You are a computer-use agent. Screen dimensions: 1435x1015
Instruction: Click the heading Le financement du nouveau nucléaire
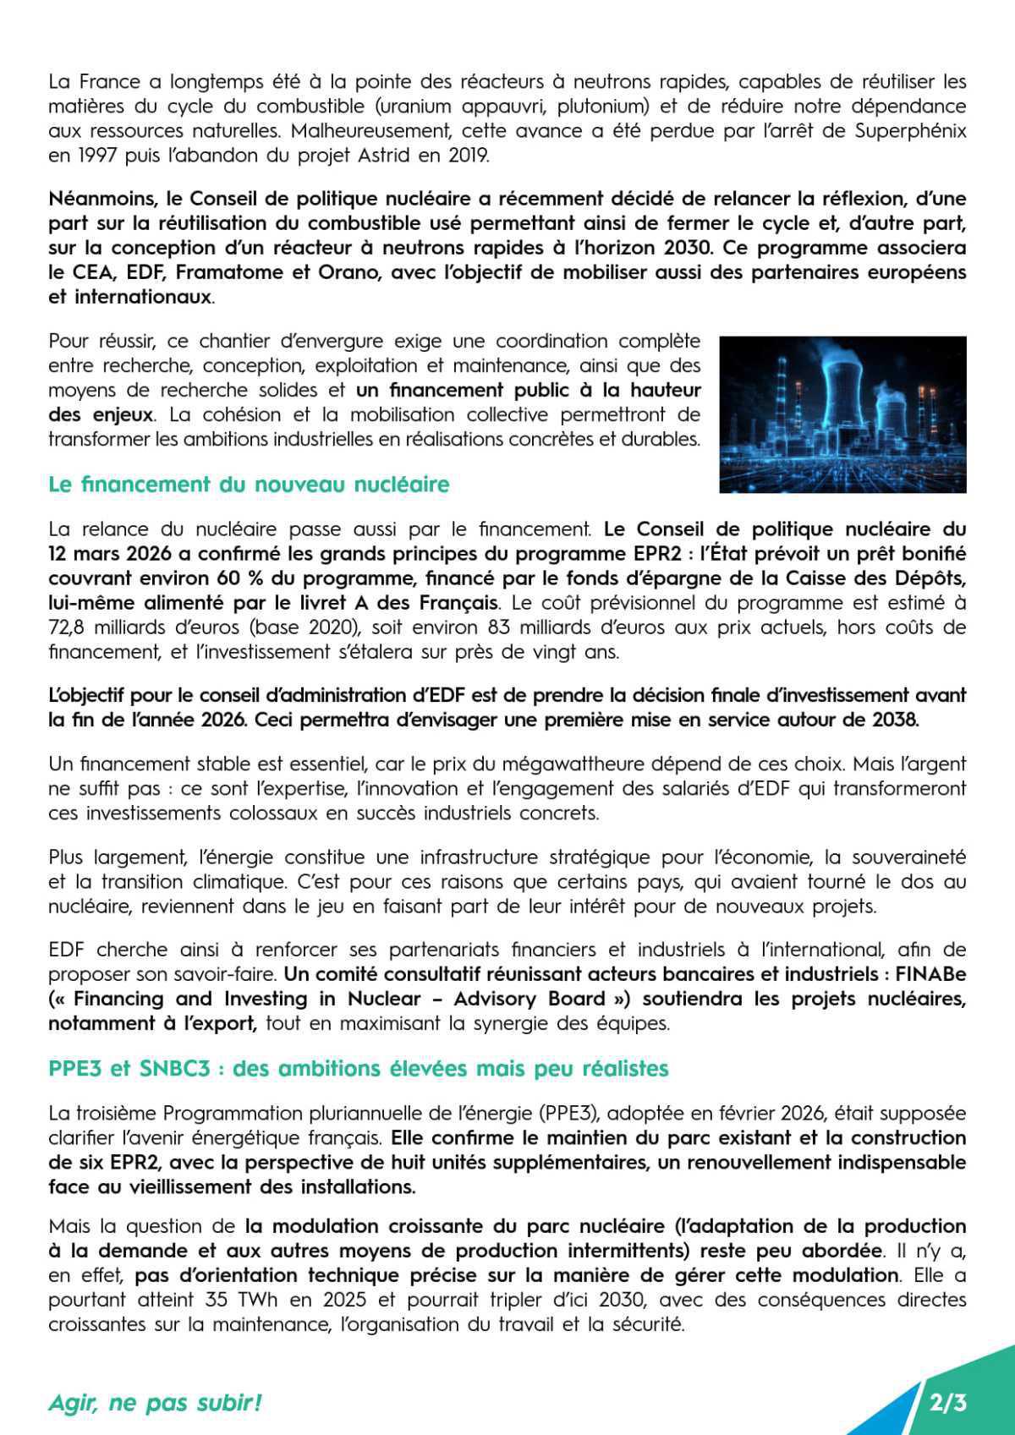(x=249, y=485)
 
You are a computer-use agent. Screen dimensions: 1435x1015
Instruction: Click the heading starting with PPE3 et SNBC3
(x=359, y=1068)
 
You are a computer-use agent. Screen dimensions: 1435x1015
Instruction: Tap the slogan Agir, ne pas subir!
(x=156, y=1403)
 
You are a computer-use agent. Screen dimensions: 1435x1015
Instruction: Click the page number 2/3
(x=948, y=1403)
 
